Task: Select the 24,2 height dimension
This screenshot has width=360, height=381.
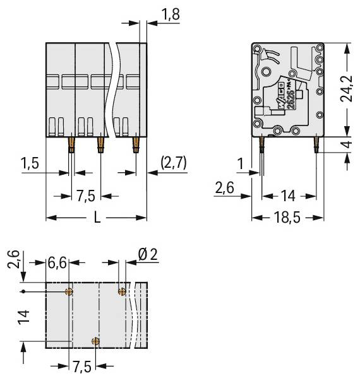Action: [347, 88]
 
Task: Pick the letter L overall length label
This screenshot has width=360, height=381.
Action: [97, 218]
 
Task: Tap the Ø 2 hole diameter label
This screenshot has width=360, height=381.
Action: [147, 255]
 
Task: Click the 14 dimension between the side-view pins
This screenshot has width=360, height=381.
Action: [288, 195]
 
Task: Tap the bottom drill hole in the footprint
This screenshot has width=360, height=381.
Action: [95, 342]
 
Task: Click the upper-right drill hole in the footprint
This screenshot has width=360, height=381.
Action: [122, 292]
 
